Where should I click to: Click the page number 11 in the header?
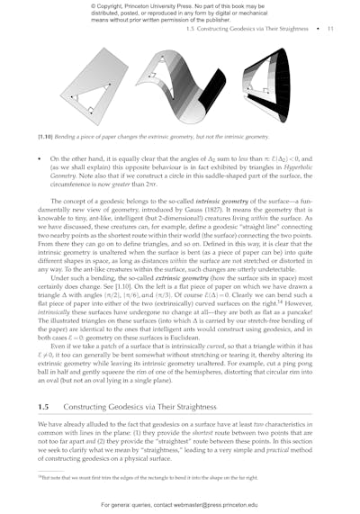pyautogui.click(x=330, y=29)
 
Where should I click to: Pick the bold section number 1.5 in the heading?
pyautogui.click(x=43, y=408)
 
